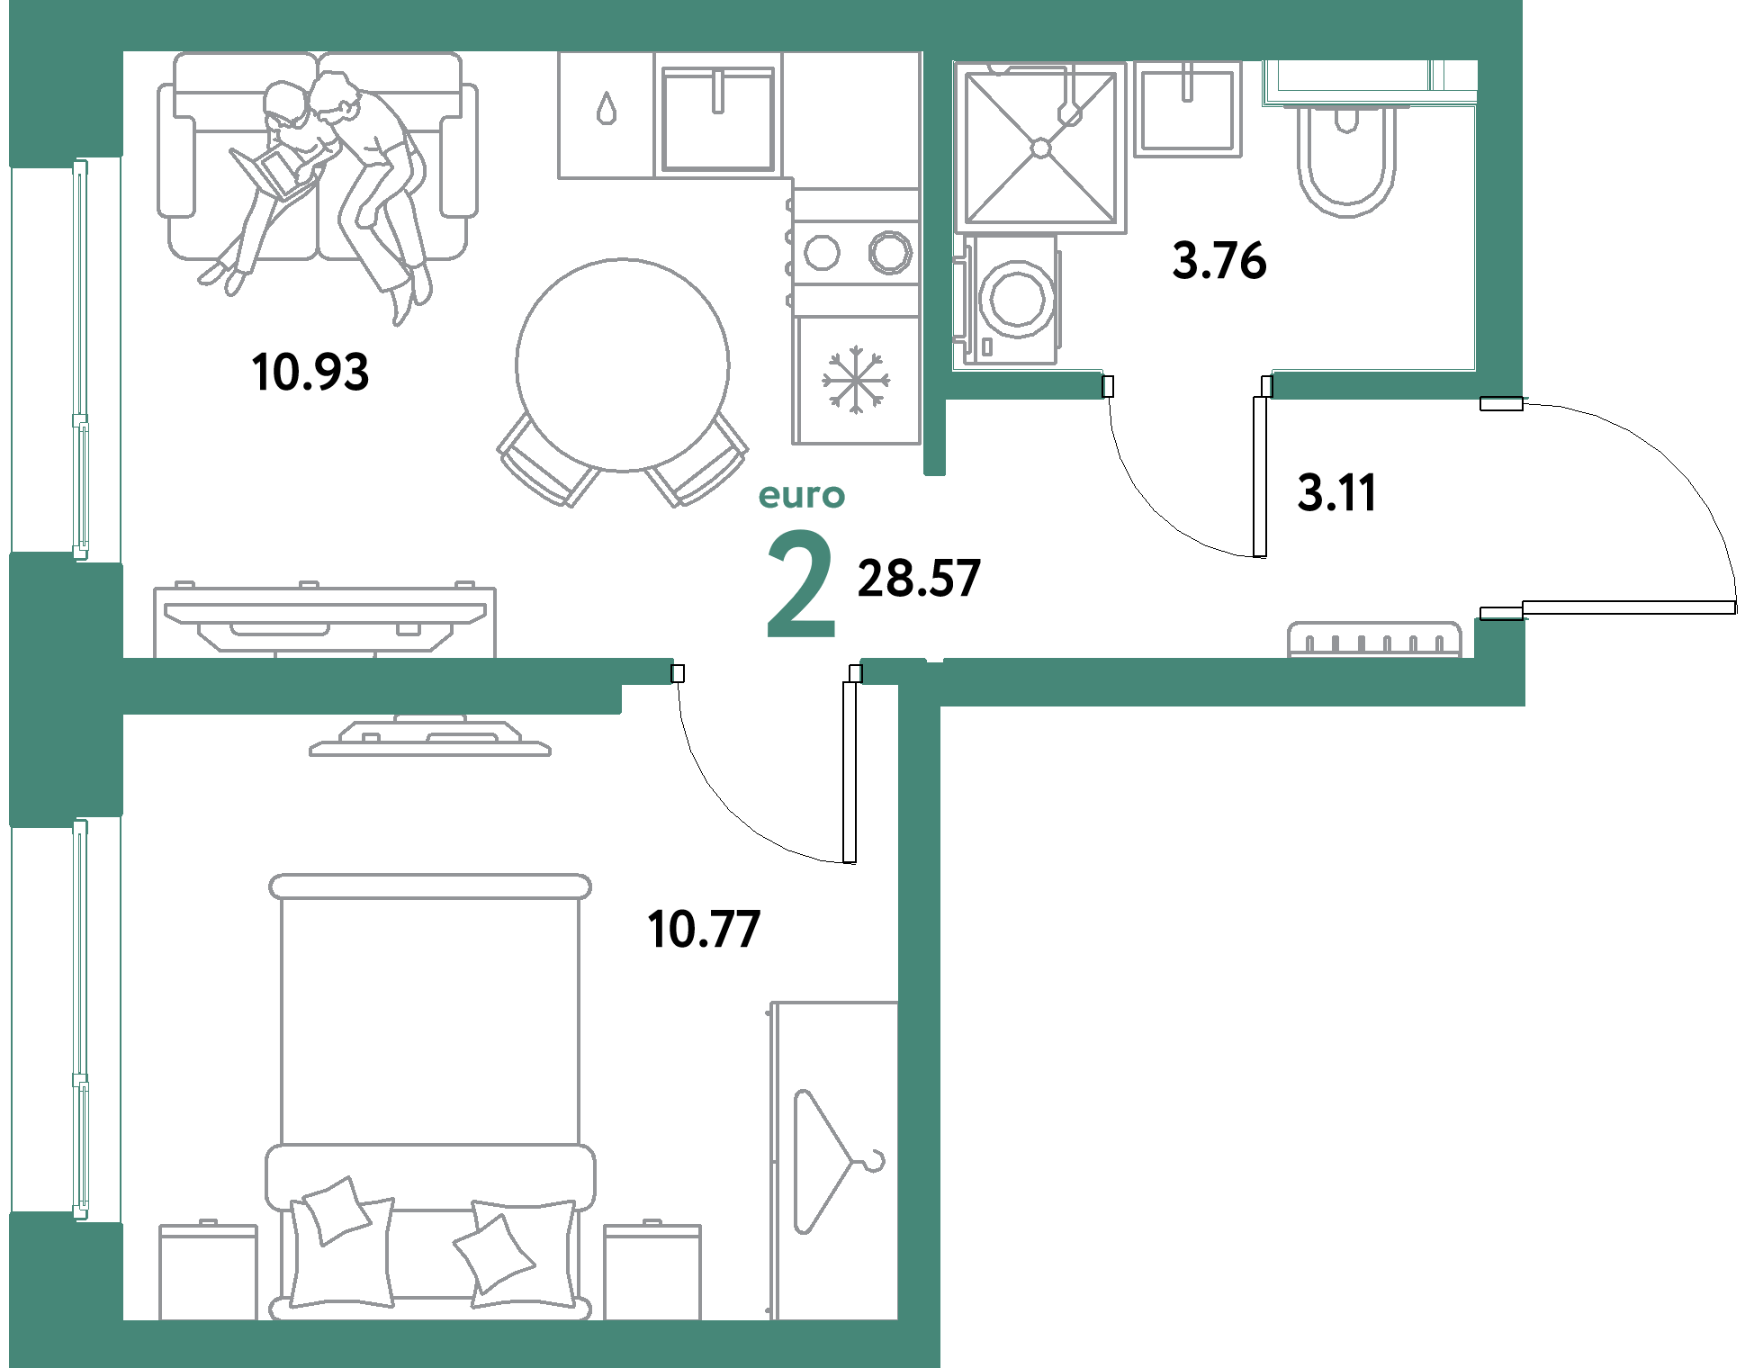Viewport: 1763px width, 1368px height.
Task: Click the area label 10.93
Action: click(x=310, y=372)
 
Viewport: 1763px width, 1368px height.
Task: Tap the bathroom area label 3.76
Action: click(x=1219, y=260)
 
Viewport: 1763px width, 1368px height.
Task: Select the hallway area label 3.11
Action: click(x=1337, y=493)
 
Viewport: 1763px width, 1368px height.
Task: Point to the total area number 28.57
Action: click(x=919, y=578)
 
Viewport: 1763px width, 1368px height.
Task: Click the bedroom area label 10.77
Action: click(x=704, y=929)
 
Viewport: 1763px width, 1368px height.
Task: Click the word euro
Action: click(x=802, y=496)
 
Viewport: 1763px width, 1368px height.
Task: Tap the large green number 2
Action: click(x=801, y=584)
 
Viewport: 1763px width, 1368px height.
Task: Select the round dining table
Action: click(x=623, y=364)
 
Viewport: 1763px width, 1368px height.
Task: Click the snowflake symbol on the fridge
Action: click(x=856, y=380)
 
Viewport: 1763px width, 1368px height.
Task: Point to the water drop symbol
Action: click(x=607, y=108)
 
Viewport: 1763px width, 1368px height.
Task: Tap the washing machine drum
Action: click(x=1018, y=298)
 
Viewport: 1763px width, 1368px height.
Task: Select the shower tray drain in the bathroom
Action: click(x=1041, y=148)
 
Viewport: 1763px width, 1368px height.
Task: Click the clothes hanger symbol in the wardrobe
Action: click(x=838, y=1161)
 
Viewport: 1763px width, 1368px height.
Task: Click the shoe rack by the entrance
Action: click(x=1374, y=639)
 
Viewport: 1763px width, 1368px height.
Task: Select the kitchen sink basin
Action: click(x=718, y=118)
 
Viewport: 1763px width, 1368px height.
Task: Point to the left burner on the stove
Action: click(x=822, y=253)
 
